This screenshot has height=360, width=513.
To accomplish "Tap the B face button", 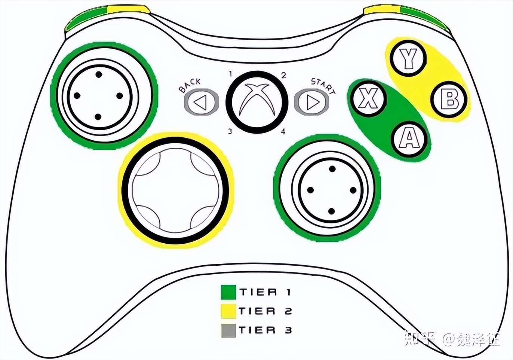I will pos(449,100).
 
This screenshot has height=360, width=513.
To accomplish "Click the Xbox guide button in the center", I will pos(257,102).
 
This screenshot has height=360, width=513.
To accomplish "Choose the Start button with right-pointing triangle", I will pos(311,102).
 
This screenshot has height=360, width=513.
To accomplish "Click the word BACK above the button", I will pos(190,85).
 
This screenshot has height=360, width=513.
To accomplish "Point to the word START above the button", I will pos(323,85).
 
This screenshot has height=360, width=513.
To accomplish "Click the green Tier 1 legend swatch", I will pos(228,292).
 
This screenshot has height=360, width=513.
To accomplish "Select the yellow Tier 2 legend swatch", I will pos(228,311).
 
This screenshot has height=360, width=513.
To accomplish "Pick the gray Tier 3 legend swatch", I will pos(228,330).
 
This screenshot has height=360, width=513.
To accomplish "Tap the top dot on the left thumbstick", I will pos(98,74).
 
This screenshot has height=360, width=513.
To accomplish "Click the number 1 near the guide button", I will pos(231,73).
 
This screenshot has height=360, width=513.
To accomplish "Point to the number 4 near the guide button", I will pos(283,131).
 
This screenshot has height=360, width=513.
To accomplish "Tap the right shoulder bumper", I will pos(406,17).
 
